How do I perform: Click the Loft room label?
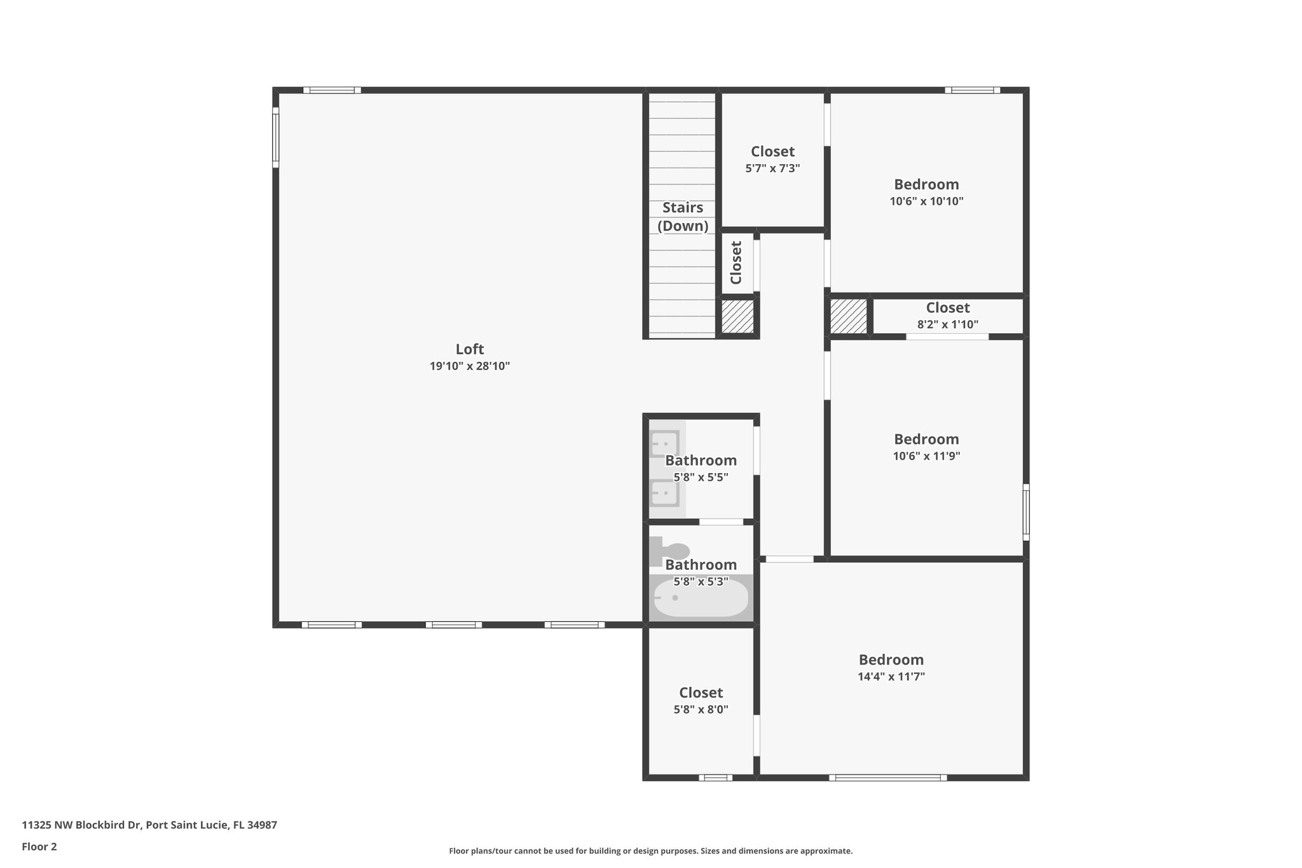469,349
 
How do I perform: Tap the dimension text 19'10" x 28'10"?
469,366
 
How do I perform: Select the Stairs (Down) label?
683,216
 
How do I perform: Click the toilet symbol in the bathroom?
670,551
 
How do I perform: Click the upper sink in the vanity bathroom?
664,443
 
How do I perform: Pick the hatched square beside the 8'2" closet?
849,316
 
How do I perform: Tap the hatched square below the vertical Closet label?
737,317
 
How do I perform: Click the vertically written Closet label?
736,263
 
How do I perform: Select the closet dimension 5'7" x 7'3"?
772,169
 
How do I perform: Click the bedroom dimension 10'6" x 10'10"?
926,202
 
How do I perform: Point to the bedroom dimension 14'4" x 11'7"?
891,677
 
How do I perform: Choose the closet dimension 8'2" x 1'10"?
947,324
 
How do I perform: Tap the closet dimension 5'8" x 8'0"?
701,709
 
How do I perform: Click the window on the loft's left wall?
275,137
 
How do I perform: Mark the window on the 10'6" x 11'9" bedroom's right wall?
1026,512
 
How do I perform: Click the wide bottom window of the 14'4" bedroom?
887,777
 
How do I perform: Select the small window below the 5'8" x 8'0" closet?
715,777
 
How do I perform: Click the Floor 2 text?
39,846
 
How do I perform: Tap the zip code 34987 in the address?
263,825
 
